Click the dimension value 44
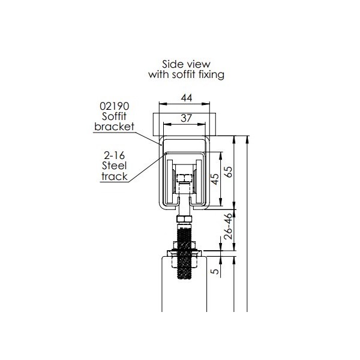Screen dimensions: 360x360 click(x=187, y=98)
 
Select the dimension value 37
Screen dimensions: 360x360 click(x=186, y=118)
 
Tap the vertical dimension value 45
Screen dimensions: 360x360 click(x=215, y=179)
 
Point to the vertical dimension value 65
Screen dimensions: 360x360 click(x=228, y=172)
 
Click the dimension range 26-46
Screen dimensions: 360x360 click(x=228, y=226)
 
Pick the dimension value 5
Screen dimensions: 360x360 click(x=215, y=271)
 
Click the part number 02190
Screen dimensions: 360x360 click(x=115, y=106)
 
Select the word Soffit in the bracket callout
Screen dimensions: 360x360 click(x=114, y=116)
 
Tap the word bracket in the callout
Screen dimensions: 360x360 click(x=114, y=127)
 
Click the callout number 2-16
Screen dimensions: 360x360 click(x=114, y=155)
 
